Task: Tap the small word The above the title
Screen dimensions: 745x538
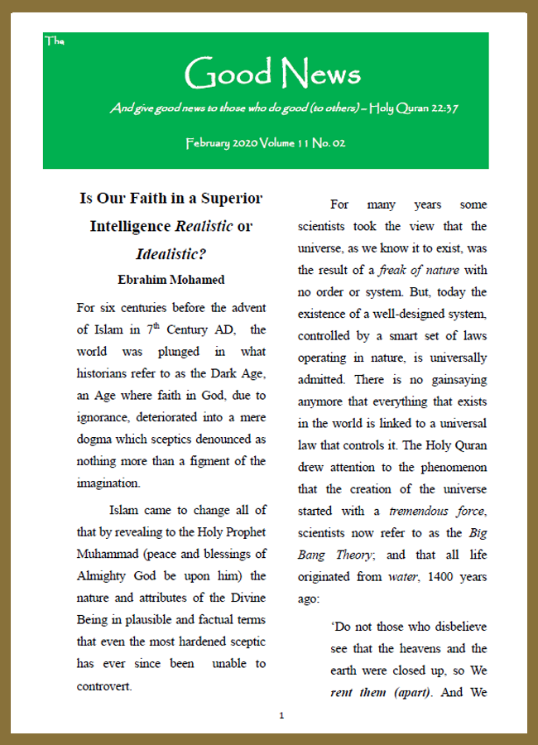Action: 54,40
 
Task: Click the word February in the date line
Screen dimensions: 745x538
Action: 214,143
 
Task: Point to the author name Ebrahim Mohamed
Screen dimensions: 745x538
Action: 171,278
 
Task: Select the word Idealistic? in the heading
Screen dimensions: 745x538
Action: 171,253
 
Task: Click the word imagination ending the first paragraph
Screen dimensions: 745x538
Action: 108,483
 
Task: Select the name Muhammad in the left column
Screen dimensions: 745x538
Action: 110,554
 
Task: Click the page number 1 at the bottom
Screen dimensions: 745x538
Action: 281,715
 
